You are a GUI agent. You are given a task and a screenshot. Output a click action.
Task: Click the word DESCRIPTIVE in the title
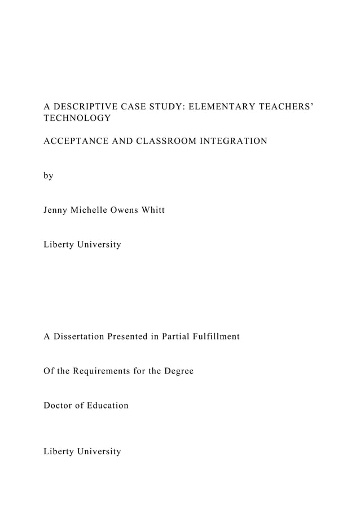tap(82, 106)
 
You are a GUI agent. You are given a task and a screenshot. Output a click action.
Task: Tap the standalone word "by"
tap(49, 175)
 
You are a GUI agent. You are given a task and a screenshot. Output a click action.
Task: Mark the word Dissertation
tap(80, 336)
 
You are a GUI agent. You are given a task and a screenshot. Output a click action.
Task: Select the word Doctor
tap(59, 406)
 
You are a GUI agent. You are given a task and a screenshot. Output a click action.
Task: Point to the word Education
tap(107, 406)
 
